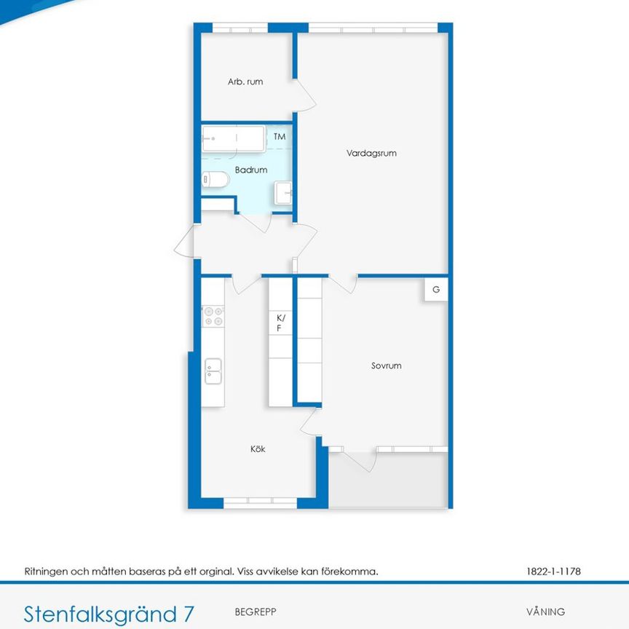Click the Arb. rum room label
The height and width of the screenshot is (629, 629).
point(245,82)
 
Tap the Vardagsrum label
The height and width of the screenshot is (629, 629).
point(371,154)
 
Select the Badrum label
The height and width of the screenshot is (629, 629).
point(251,170)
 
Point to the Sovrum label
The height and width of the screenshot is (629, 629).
point(386,366)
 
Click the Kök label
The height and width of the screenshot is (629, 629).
point(258,449)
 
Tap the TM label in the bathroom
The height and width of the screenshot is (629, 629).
point(280,136)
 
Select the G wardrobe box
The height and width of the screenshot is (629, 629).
point(436,290)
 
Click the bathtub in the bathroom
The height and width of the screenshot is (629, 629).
point(233,138)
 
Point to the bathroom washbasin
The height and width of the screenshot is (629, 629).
point(283,194)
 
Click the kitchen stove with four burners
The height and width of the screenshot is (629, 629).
point(213,316)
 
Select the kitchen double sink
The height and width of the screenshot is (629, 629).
point(213,371)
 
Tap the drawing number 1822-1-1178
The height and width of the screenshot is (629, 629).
point(553,571)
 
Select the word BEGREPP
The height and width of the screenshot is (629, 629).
point(256,612)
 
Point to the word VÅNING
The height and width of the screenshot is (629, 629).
point(545,612)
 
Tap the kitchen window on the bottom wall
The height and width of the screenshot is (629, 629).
point(259,502)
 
